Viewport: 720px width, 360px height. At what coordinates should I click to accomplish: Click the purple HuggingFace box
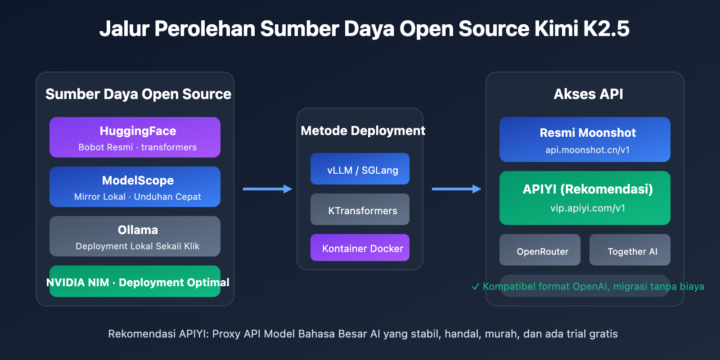pos(135,137)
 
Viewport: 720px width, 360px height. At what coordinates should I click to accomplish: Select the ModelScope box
pos(135,187)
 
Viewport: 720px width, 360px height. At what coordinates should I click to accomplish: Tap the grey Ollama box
pos(135,236)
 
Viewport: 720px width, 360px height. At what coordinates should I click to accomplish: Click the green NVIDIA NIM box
pos(135,282)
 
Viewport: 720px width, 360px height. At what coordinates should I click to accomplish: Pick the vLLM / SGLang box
pos(360,169)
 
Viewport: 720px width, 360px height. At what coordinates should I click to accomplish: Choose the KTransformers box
pos(360,210)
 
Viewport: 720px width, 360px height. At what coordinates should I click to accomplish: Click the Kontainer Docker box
pos(360,248)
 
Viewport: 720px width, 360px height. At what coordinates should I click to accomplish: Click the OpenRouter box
pos(540,250)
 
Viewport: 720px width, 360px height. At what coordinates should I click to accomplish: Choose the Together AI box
pos(630,250)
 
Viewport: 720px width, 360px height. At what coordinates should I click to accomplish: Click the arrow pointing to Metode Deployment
pos(267,189)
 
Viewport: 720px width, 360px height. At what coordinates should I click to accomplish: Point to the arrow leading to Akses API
pos(456,189)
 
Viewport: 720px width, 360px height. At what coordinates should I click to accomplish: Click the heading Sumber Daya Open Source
pos(138,94)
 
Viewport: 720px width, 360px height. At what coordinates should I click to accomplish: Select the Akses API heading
pos(588,94)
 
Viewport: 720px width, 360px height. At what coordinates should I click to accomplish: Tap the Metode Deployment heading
pos(363,130)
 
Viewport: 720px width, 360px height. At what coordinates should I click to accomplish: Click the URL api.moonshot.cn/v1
pos(587,150)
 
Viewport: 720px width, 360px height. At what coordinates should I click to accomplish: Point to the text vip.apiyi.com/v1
pos(587,208)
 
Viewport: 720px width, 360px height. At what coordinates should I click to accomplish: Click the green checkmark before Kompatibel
pos(475,287)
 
